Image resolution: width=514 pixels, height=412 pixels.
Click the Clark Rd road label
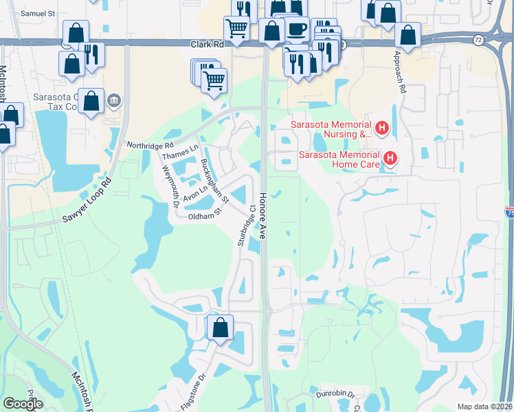click(207, 44)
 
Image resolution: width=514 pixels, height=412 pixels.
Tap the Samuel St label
click(37, 13)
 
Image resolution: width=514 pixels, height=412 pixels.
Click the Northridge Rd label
click(150, 146)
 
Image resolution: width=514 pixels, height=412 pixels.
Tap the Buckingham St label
click(214, 182)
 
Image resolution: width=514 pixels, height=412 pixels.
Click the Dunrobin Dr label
click(335, 395)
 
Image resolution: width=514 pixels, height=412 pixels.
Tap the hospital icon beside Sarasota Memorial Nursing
click(383, 128)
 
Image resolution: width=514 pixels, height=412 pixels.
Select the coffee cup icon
click(296, 30)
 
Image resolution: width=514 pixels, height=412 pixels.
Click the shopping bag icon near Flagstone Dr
click(221, 327)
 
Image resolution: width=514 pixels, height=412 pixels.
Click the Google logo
click(23, 404)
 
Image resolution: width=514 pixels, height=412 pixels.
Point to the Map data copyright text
click(484, 407)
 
